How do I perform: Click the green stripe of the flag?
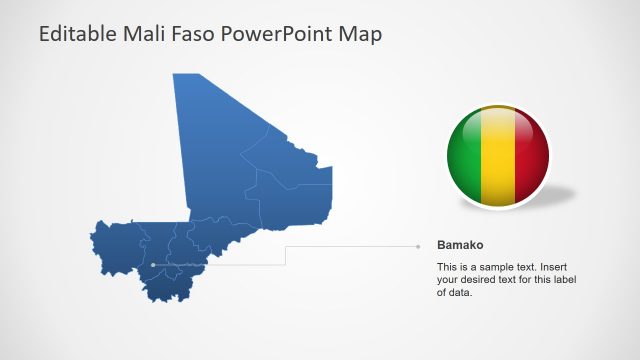click(463, 155)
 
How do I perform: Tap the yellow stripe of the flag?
click(497, 155)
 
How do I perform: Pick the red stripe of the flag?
click(531, 155)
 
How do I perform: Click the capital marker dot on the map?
click(153, 265)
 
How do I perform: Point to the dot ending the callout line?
click(418, 245)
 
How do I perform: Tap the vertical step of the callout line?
click(285, 255)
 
